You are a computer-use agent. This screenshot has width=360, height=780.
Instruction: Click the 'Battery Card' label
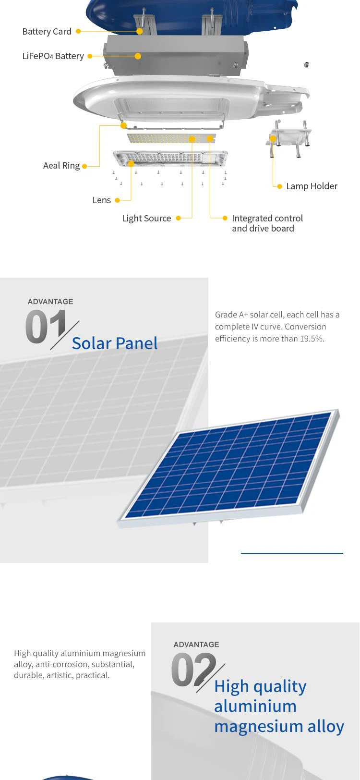[x=47, y=31]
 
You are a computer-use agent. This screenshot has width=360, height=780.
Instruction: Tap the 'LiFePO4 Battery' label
[x=53, y=56]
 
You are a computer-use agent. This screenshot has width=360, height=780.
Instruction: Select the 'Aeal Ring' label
[x=61, y=165]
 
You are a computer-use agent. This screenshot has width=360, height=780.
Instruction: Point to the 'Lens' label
[x=101, y=200]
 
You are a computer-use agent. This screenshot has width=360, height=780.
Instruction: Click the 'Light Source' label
[x=146, y=219]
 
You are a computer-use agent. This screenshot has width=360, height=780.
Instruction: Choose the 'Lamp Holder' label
[x=312, y=186]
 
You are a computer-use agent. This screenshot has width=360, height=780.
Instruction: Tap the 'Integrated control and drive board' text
[x=267, y=223]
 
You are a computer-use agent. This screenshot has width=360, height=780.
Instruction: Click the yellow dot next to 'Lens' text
[x=117, y=200]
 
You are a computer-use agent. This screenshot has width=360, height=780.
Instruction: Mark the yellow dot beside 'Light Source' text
[x=178, y=219]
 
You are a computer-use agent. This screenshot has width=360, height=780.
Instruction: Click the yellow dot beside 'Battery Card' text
[x=78, y=31]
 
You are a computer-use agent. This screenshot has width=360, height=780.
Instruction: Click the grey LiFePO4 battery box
[x=176, y=55]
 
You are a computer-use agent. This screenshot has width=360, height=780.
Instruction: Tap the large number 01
[x=46, y=327]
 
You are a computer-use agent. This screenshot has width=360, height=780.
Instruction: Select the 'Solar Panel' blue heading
[x=115, y=343]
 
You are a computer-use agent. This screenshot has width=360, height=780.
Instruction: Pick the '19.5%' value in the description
[x=312, y=339]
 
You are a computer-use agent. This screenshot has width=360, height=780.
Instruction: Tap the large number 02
[x=193, y=669]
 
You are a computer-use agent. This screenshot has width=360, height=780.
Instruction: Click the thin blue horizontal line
[x=292, y=553]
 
